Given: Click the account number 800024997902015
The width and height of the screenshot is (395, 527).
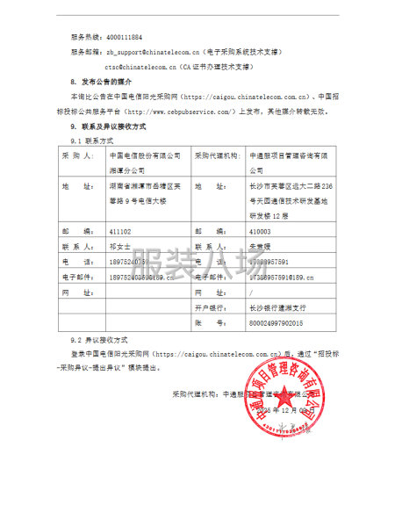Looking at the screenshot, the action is point(277,323).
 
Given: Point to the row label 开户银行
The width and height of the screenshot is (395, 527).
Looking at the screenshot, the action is point(211,308).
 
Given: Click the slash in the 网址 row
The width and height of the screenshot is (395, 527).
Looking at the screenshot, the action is point(250,292).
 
